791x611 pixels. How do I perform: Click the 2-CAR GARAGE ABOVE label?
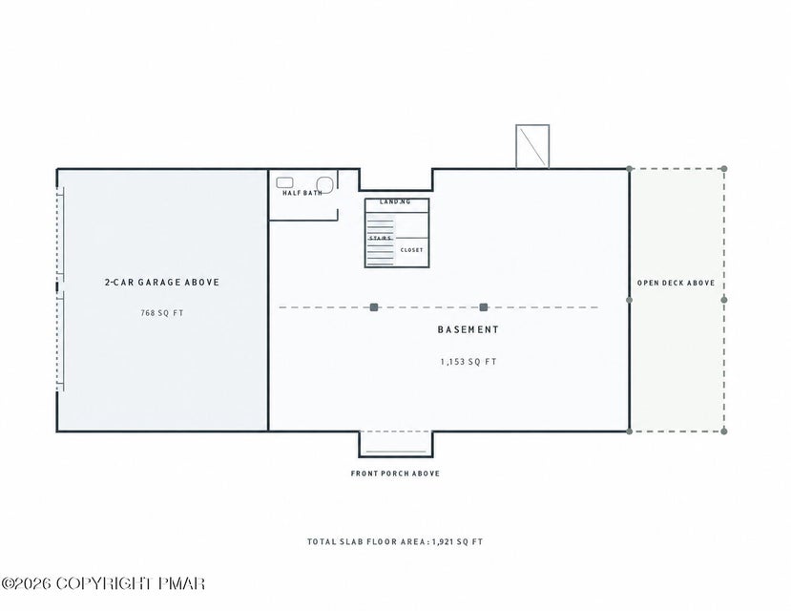pos(162,282)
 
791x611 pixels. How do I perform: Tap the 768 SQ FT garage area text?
pos(162,313)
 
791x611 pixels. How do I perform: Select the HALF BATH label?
pos(302,193)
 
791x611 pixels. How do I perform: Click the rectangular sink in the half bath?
pos(285,182)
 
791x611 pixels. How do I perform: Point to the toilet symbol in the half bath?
pos(323,184)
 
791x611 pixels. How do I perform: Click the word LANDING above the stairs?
pos(395,201)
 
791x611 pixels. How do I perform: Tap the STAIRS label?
pos(381,238)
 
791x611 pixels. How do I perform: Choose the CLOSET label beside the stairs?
pos(411,250)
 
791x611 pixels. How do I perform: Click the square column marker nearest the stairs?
pos(374,307)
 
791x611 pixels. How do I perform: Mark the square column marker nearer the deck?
pos(484,307)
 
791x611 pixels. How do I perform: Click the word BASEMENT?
pos(468,329)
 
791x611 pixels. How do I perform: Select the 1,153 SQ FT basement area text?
pos(468,362)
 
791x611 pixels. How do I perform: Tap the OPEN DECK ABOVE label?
pos(676,283)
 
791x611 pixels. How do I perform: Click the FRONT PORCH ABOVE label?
pos(395,474)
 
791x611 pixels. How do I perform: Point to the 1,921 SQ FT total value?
pos(458,542)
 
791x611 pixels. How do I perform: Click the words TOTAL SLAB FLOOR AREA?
pos(366,542)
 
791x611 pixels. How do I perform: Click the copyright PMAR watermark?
pos(103,583)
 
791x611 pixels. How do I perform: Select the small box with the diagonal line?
pos(532,146)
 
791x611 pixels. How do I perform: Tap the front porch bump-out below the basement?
pos(395,444)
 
